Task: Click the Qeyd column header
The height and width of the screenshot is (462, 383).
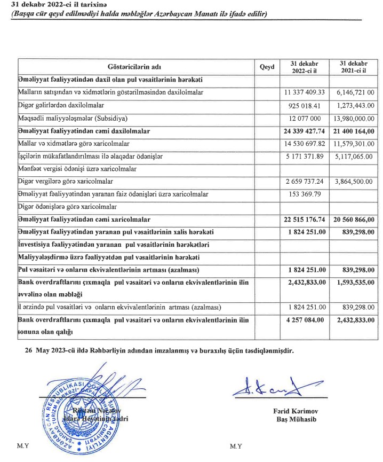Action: pyautogui.click(x=267, y=67)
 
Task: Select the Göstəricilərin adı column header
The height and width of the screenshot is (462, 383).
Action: pyautogui.click(x=134, y=67)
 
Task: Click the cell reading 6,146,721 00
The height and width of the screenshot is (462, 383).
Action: pyautogui.click(x=354, y=92)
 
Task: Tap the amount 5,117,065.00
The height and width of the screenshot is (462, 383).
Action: pyautogui.click(x=354, y=156)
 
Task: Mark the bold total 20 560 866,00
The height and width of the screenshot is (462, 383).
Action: pyautogui.click(x=354, y=220)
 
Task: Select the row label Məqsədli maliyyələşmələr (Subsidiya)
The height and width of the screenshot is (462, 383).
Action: pyautogui.click(x=74, y=118)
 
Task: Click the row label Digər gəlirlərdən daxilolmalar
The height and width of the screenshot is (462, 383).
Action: pyautogui.click(x=61, y=105)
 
